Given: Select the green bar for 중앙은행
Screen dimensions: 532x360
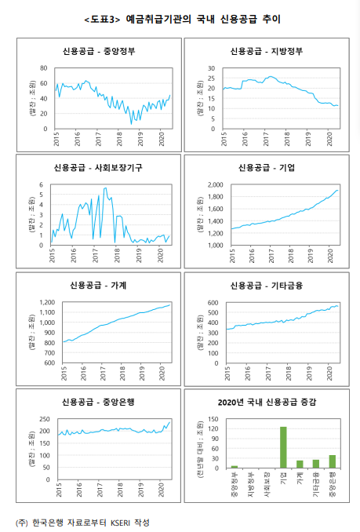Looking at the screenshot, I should tap(332, 461).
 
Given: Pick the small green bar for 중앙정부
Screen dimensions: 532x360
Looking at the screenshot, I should tap(234, 466).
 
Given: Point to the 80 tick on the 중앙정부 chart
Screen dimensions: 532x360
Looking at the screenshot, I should tap(44, 68).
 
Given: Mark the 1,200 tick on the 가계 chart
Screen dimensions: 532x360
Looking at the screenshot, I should tap(45, 302).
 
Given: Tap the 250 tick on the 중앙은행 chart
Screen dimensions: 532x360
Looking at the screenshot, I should tap(44, 420).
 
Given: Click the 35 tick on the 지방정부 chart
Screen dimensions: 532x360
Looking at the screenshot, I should tap(213, 68).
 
